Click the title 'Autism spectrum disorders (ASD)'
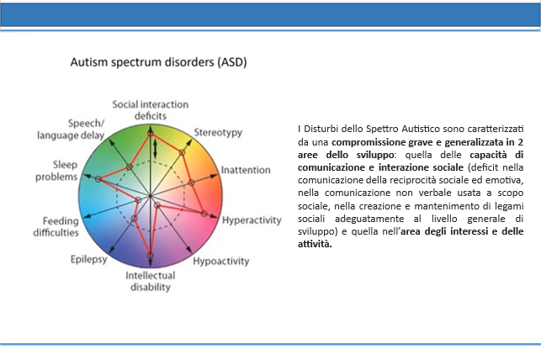158,62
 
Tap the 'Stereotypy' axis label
218,133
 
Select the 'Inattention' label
246,170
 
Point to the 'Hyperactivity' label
252,220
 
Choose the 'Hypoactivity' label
220,262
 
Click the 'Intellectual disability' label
151,282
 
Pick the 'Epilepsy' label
88,259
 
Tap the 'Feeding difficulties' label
56,226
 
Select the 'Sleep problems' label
56,171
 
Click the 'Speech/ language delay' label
71,130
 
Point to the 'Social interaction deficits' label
151,110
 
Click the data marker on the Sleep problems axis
98,179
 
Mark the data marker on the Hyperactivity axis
204,214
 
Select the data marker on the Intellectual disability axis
150,256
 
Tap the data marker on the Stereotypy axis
183,152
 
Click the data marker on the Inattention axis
192,183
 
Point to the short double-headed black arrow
156,149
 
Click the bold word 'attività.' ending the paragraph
315,244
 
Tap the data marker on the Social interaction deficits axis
150,133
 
